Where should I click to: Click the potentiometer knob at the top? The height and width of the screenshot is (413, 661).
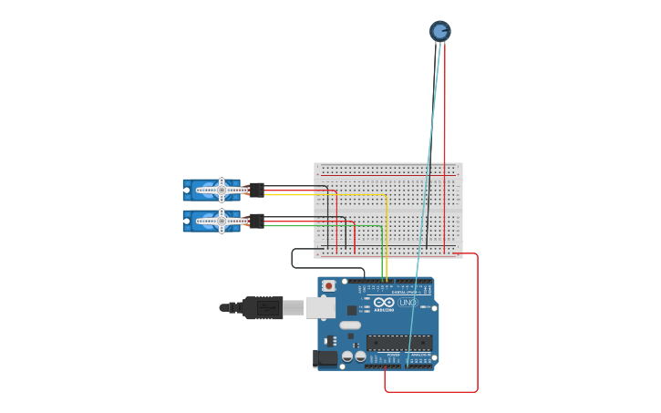[x=440, y=31]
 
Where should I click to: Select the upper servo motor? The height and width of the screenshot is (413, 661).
[x=212, y=190]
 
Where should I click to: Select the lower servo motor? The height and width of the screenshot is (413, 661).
[x=212, y=221]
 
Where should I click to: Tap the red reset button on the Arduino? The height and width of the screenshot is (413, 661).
[x=328, y=285]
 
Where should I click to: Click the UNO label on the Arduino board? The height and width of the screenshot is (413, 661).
[x=407, y=302]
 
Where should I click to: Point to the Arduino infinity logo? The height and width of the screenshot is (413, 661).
[x=384, y=302]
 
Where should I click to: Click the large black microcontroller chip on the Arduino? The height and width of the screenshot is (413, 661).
[x=398, y=343]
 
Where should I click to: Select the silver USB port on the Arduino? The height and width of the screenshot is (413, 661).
[x=320, y=307]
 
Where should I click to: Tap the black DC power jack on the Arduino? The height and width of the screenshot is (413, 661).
[x=325, y=358]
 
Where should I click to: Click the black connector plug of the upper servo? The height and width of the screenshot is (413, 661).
[x=256, y=190]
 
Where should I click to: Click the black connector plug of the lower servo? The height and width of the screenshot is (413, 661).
[x=256, y=221]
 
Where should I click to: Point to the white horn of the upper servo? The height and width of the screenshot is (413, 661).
[x=222, y=190]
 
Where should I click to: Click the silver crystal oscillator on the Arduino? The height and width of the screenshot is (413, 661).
[x=350, y=325]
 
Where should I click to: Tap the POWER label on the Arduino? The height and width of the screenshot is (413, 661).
[x=393, y=355]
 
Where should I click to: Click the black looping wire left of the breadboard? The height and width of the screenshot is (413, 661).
[x=293, y=259]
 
